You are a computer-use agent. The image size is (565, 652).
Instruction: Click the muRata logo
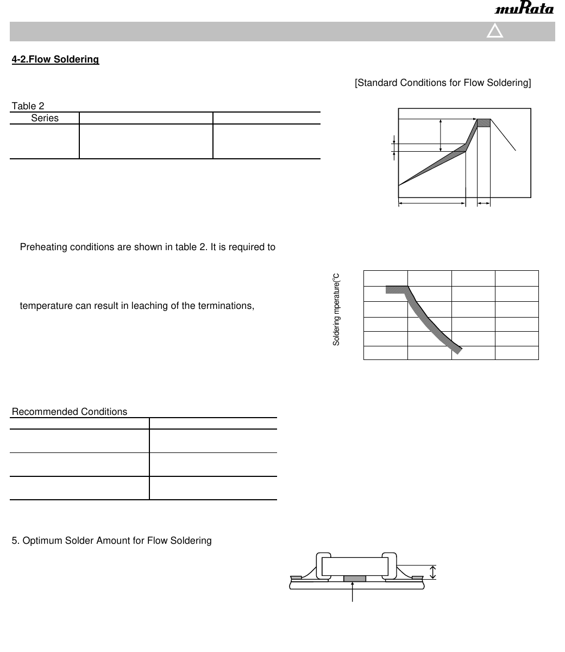(x=524, y=9)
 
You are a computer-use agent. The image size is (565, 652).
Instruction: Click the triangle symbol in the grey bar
(x=495, y=32)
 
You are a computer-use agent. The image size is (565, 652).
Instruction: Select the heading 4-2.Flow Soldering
(x=55, y=59)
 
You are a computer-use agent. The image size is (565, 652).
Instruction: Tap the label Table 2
(x=28, y=107)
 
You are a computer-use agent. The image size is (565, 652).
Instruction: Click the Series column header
(x=45, y=118)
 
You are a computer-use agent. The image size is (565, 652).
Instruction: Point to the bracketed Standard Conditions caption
(x=443, y=83)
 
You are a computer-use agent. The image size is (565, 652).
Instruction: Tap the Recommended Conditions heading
(x=70, y=412)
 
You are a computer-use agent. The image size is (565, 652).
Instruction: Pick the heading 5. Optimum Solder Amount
(x=112, y=541)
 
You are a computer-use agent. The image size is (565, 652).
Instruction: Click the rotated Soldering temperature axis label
(x=336, y=309)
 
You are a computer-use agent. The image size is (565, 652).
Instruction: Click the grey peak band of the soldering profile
(x=484, y=123)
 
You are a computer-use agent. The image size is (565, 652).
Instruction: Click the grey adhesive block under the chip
(x=354, y=578)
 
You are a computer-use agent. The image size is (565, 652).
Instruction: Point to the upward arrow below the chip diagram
(x=354, y=591)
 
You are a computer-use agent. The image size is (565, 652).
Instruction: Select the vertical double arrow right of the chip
(x=432, y=572)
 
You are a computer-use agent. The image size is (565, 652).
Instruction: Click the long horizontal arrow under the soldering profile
(x=432, y=203)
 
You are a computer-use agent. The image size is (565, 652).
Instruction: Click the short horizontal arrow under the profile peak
(x=484, y=203)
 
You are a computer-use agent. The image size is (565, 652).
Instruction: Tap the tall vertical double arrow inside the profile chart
(x=441, y=135)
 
